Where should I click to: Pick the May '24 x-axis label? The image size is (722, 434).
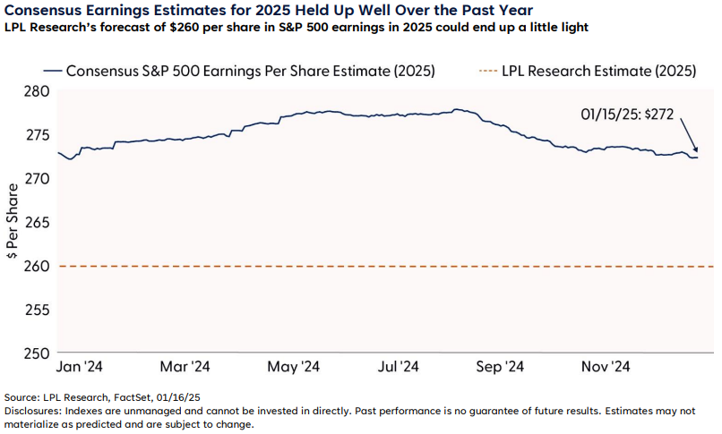(293, 366)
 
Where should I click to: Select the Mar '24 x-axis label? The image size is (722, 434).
(185, 366)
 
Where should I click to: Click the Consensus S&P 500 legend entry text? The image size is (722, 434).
(251, 71)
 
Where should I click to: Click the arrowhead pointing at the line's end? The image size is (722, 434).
(696, 151)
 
